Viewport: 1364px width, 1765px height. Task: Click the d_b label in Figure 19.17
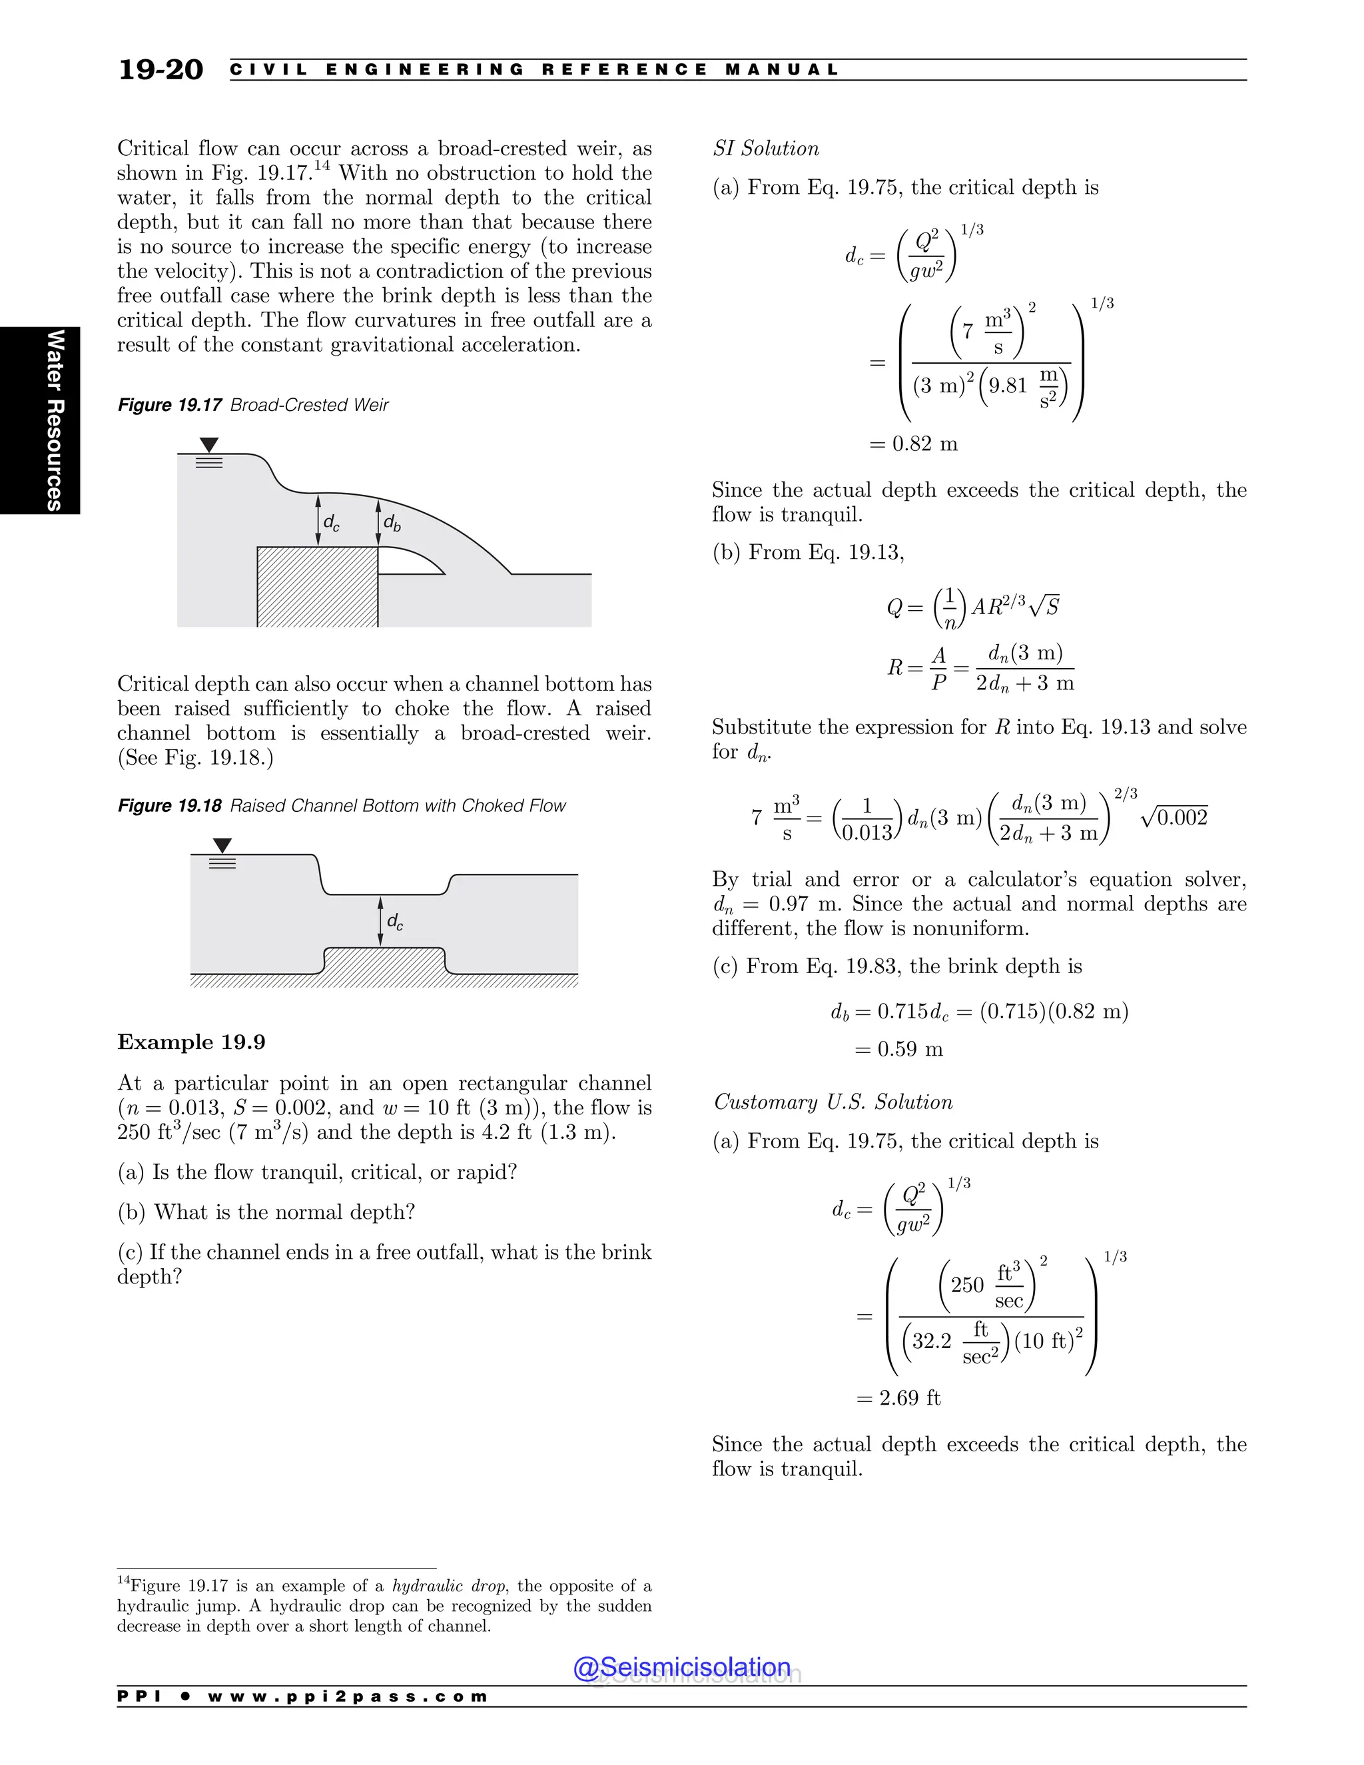392,523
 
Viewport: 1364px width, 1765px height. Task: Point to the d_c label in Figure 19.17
331,523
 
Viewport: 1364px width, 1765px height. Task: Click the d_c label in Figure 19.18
395,921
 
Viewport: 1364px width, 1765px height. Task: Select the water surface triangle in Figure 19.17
209,444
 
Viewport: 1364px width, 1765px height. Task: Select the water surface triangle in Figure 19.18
222,845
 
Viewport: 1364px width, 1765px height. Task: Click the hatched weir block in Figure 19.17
317,587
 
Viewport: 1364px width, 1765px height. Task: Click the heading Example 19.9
192,1042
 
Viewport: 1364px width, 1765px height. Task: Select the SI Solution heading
765,149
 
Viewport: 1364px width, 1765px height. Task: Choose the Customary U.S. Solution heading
833,1102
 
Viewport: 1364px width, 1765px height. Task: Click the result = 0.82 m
913,444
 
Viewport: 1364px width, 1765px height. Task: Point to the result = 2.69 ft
898,1397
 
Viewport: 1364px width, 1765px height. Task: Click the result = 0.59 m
898,1049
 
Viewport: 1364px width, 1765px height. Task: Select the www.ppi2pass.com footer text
348,1696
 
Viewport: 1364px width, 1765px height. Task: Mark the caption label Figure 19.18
170,806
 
